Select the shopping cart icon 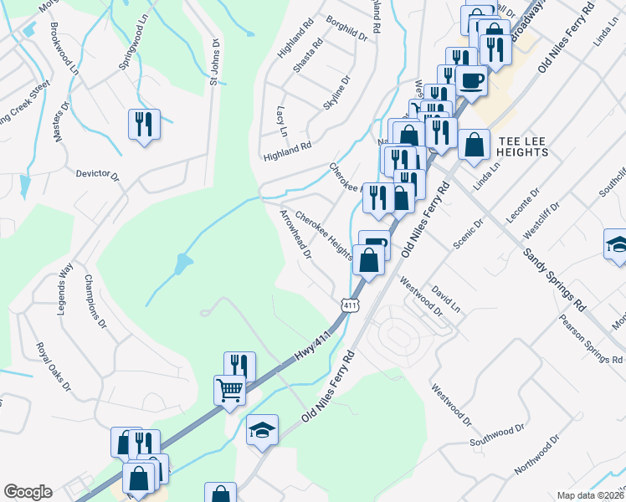coord(229,390)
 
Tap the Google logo coord(28,492)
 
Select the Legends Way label coord(65,288)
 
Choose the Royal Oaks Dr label coord(53,366)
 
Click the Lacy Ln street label coord(282,121)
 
